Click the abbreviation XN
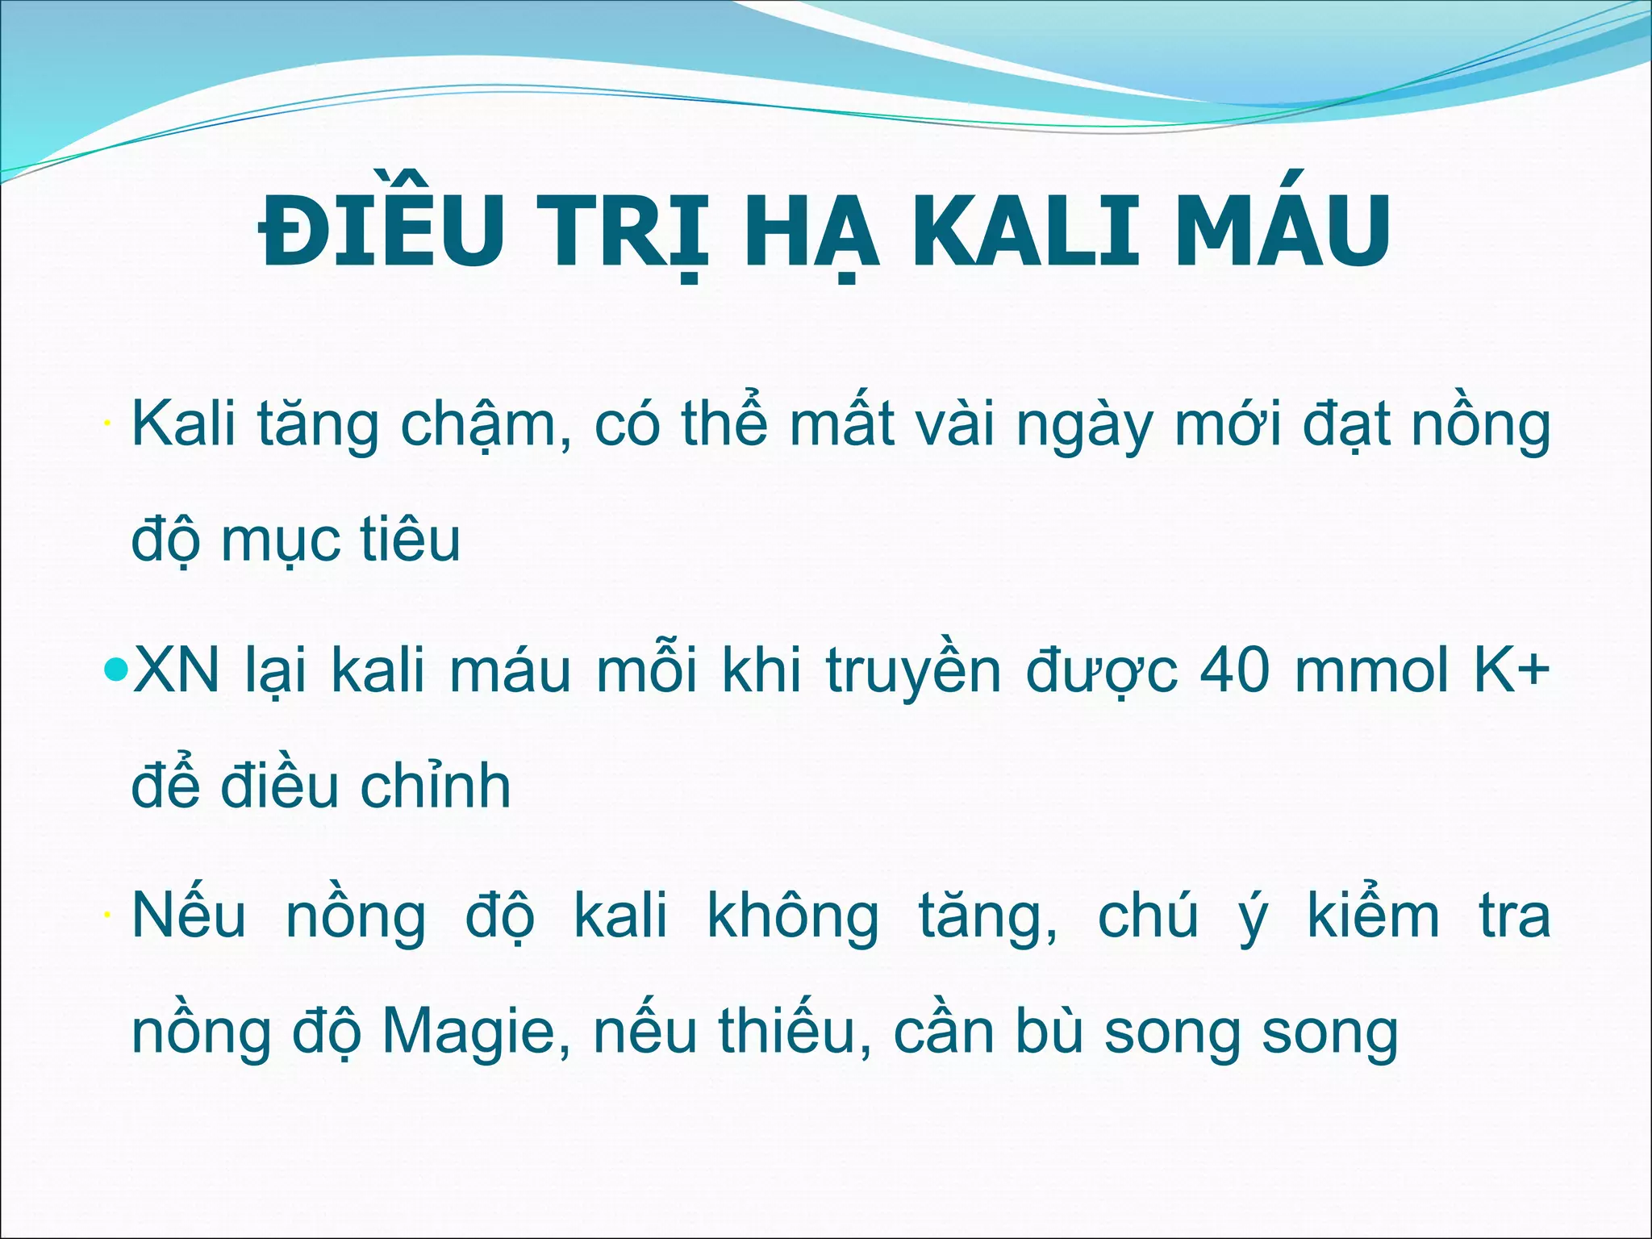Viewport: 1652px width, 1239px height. coord(176,670)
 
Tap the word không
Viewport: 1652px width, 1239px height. coord(793,917)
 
